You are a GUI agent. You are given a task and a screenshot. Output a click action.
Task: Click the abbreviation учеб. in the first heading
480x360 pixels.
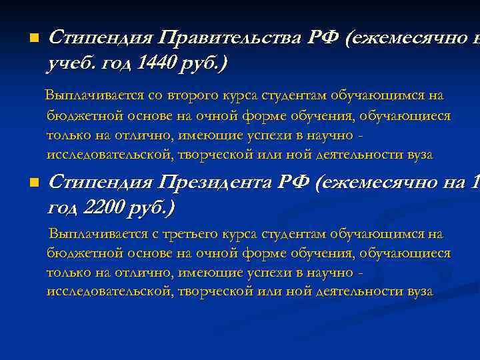tap(70, 63)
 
